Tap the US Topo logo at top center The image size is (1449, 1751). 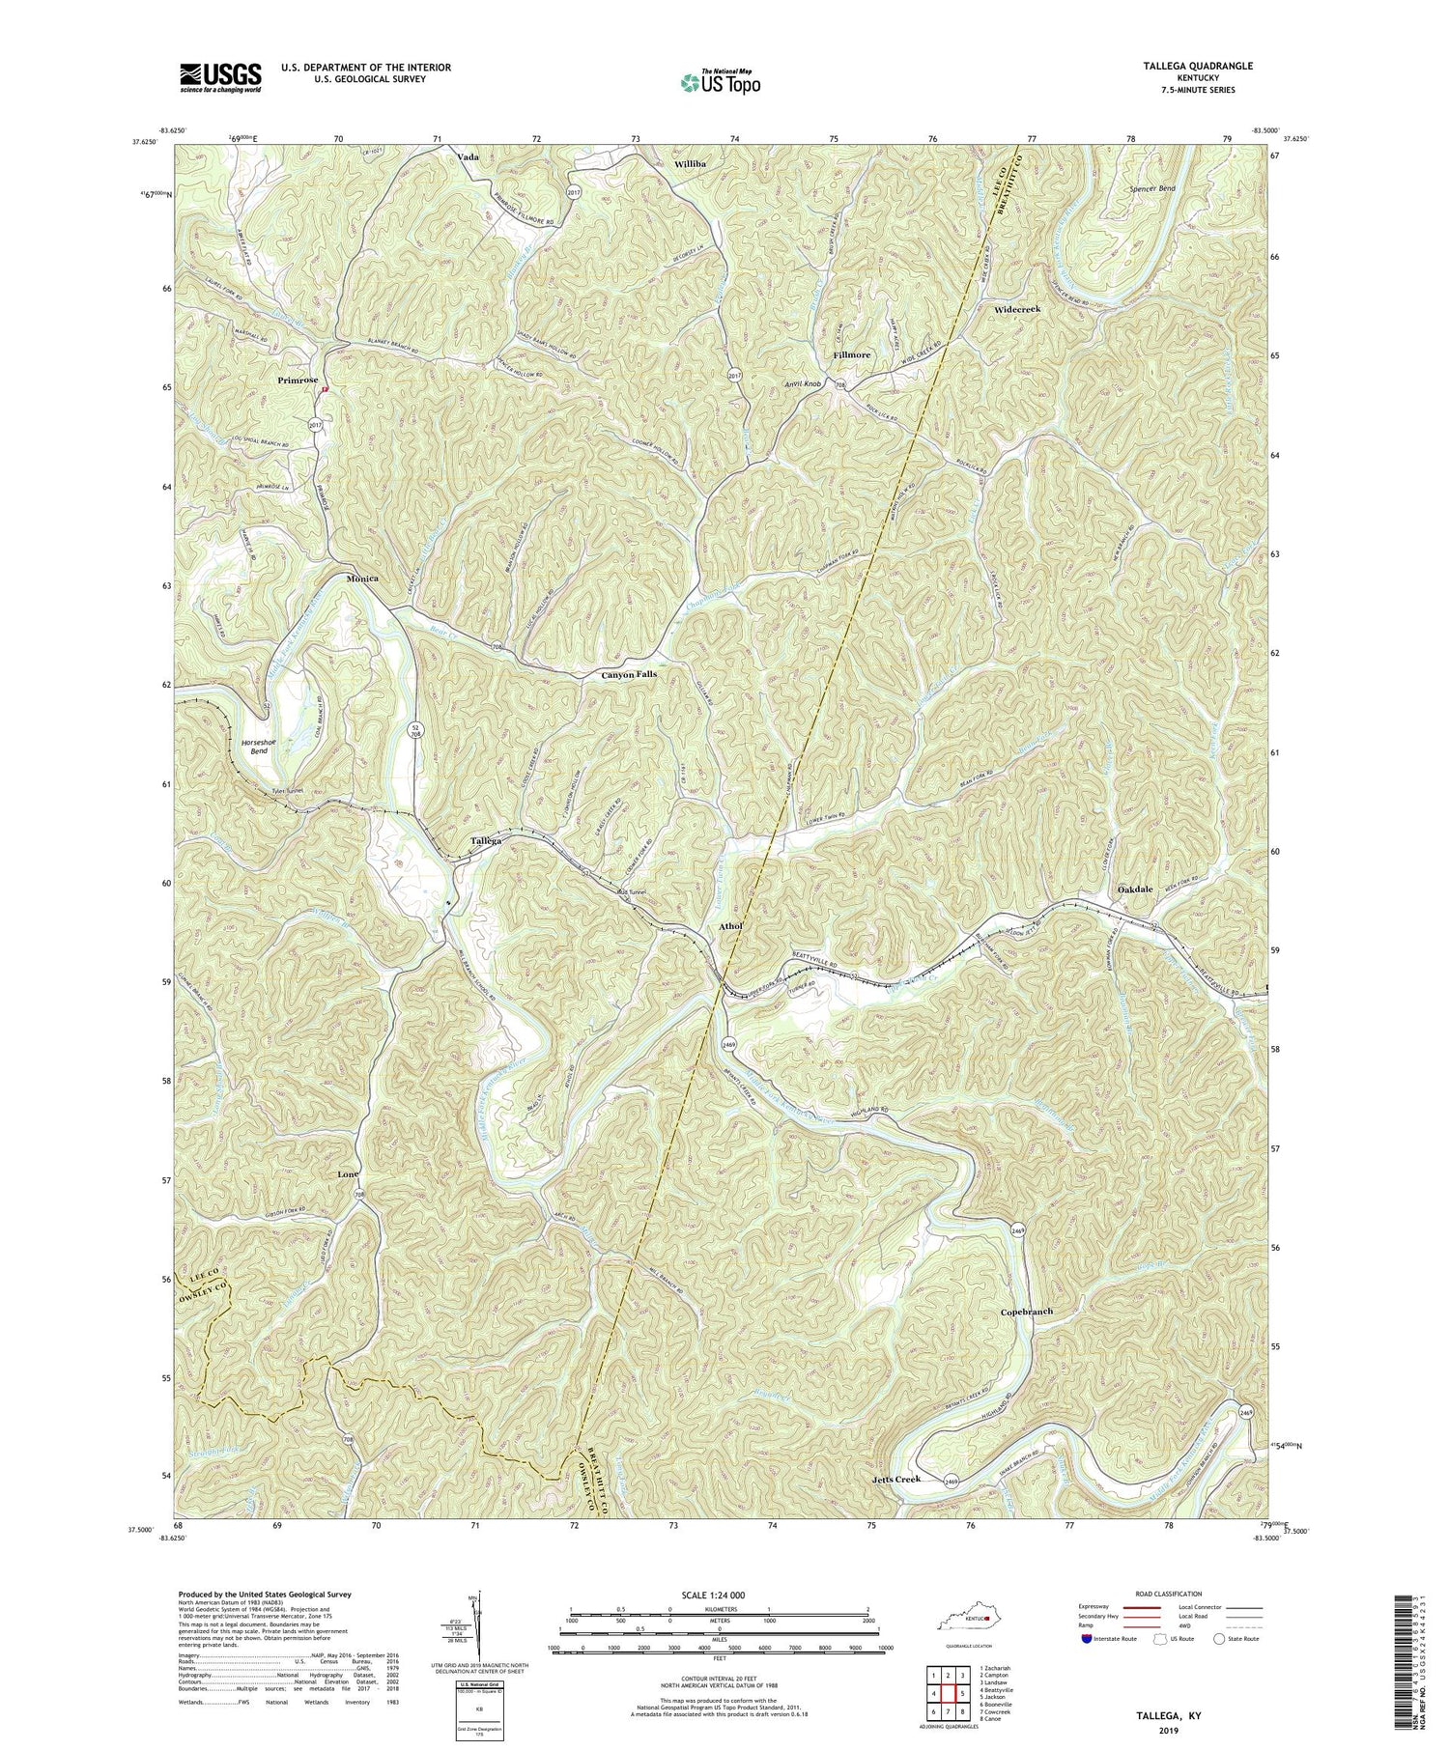[x=720, y=81]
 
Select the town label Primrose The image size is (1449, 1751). [x=298, y=381]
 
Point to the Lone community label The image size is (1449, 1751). [x=349, y=1173]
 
